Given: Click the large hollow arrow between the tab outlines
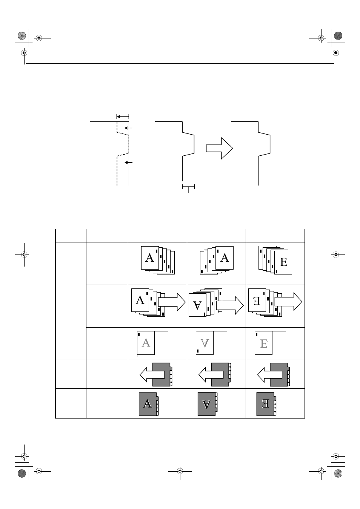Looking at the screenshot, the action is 220,148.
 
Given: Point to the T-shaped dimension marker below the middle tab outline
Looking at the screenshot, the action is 188,188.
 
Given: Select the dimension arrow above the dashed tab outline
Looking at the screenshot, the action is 123,117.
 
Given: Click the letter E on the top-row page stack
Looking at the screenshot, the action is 284,262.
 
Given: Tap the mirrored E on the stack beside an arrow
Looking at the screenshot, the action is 257,301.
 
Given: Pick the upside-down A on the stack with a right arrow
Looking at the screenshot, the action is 197,305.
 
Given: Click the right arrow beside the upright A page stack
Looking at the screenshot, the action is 172,302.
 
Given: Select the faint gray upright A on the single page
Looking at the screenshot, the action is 146,343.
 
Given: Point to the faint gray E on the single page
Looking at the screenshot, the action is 263,343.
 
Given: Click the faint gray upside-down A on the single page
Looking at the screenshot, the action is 205,343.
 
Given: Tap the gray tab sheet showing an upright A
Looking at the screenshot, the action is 149,404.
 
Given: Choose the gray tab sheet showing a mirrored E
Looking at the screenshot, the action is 266,404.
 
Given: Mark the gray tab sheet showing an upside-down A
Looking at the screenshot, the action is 208,404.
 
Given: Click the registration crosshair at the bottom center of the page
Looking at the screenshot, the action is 180,472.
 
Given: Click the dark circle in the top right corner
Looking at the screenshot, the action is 338,36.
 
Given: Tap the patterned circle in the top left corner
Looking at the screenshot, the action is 22,36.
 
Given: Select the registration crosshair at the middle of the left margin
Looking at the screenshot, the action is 24,255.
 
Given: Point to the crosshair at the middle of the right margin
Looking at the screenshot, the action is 336,255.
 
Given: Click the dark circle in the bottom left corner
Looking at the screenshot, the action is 22,473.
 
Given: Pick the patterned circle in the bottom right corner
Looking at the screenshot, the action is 338,473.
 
